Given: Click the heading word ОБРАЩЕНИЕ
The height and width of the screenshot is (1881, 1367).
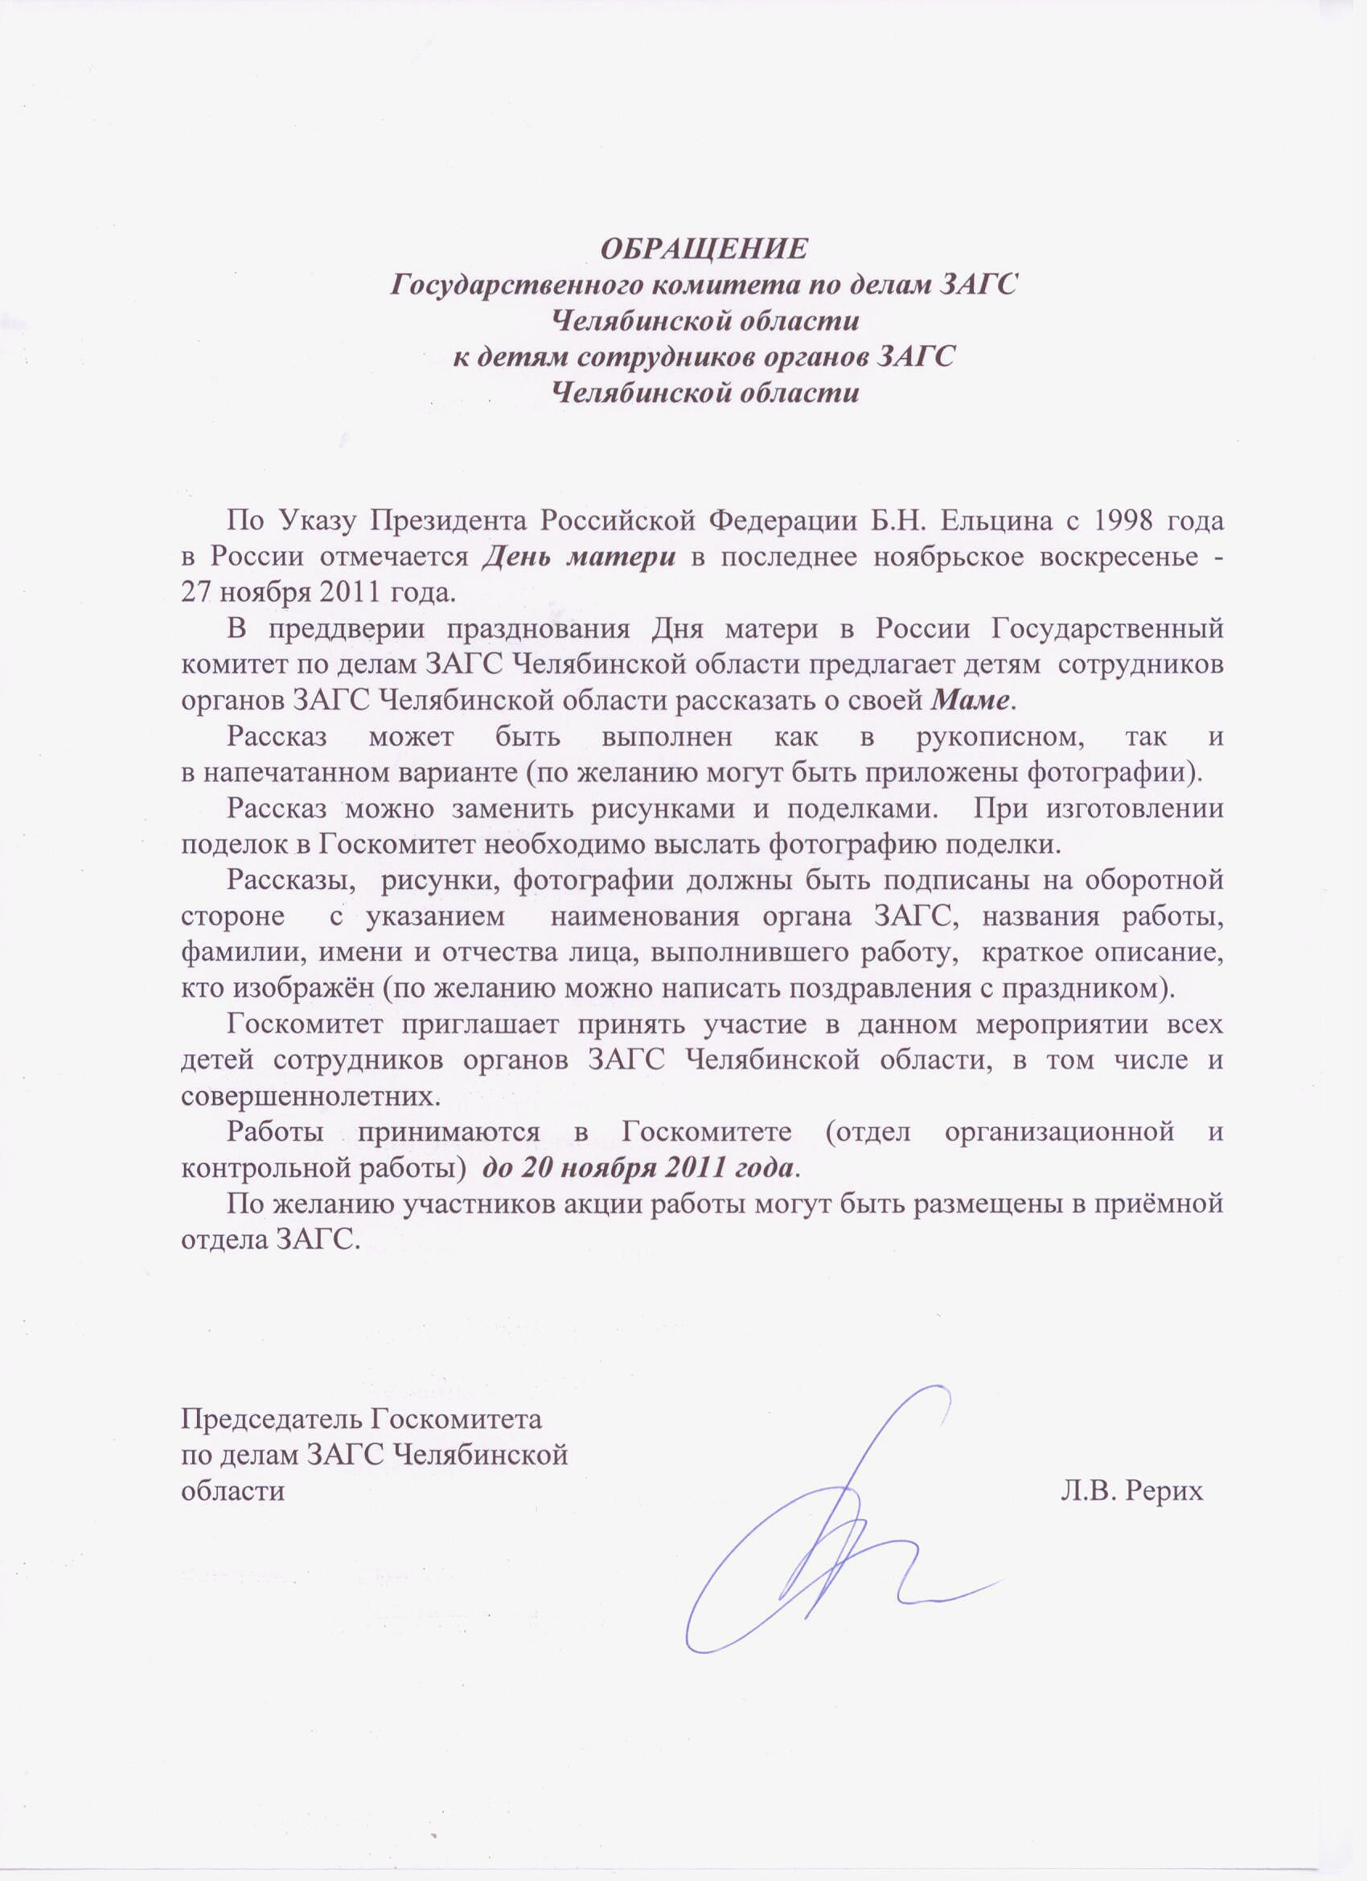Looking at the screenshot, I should (x=703, y=248).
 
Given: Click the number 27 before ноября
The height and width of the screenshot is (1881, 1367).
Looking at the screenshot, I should (x=195, y=592).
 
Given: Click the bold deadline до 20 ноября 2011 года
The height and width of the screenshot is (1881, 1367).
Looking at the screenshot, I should (x=638, y=1167).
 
